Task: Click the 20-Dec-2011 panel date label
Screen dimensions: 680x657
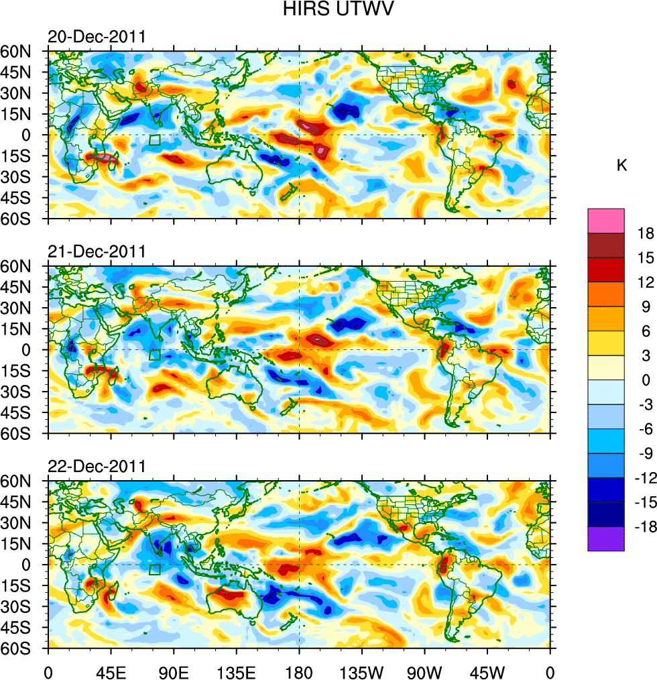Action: click(97, 37)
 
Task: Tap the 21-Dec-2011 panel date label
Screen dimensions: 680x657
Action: click(97, 252)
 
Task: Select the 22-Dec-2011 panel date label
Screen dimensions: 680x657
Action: click(97, 467)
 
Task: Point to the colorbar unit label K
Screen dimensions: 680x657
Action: click(621, 166)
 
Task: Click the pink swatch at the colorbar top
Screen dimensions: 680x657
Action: click(606, 221)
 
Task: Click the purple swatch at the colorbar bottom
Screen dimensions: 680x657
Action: click(606, 539)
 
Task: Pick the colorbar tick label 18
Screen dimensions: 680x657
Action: click(646, 233)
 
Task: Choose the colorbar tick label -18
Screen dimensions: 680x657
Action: click(643, 527)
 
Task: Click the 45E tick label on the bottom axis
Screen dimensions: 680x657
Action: click(110, 671)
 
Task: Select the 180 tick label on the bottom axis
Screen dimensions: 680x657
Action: click(299, 671)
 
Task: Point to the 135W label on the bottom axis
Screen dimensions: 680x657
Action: click(361, 671)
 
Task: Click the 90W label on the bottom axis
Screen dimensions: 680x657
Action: click(424, 671)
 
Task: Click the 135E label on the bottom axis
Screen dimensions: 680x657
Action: click(236, 671)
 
